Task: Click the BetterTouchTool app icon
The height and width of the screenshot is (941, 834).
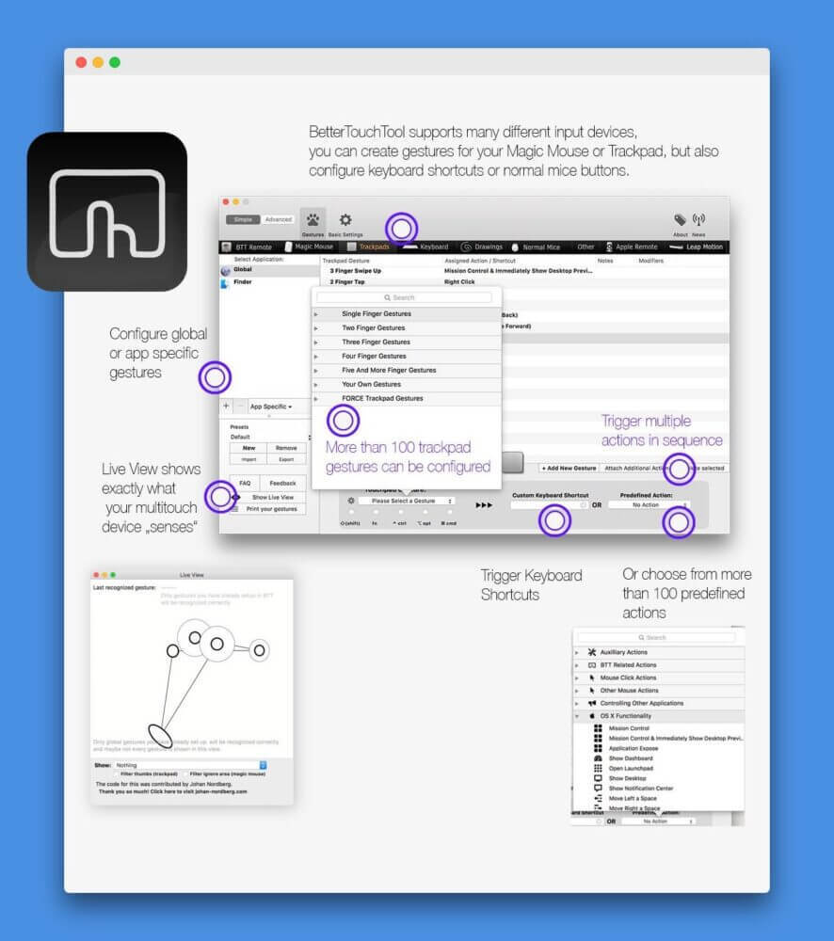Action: click(x=106, y=211)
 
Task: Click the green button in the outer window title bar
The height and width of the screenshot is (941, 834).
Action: click(x=115, y=62)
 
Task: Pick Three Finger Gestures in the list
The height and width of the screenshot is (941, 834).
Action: click(x=376, y=343)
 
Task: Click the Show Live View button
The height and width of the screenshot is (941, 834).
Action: click(x=272, y=497)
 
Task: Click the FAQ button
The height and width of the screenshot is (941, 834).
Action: click(x=245, y=483)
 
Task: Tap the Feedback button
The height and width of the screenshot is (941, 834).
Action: click(x=282, y=483)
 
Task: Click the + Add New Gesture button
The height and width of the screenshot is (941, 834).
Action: click(x=569, y=468)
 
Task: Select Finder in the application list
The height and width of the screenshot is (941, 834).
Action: click(x=243, y=281)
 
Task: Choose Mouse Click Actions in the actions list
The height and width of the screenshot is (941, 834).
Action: click(x=628, y=678)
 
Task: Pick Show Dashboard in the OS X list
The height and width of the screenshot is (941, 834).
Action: click(x=630, y=758)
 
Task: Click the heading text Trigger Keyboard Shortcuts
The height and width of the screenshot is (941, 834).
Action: click(x=531, y=584)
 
